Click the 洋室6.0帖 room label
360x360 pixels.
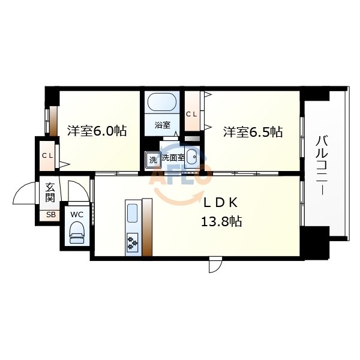95,131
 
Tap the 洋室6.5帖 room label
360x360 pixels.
253,132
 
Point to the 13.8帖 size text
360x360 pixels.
221,222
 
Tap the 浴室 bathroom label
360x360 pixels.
162,125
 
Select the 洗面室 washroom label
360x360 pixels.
172,158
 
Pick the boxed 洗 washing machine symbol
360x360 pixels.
152,160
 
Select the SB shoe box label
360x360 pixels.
50,215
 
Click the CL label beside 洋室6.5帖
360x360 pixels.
192,114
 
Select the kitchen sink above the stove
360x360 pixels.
133,214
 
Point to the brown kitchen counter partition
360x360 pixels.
147,228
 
